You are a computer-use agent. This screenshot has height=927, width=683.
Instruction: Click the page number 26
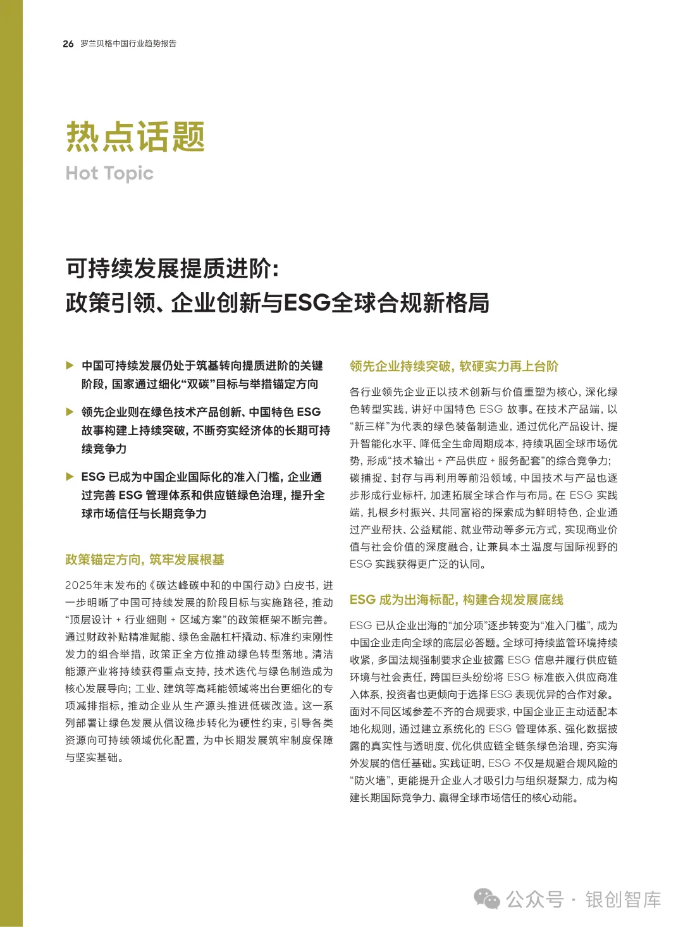[x=68, y=44]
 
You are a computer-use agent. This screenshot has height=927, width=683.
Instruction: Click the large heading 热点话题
[x=135, y=137]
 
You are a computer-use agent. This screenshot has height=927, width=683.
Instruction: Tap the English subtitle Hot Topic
[x=109, y=173]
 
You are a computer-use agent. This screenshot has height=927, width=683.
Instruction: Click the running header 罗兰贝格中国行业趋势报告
[x=128, y=44]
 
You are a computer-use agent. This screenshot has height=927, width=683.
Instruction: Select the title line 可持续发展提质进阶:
[x=172, y=269]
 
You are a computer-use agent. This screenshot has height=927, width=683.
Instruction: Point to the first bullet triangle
[x=70, y=365]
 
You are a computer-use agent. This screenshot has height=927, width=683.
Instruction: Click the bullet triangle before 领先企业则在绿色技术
[x=70, y=412]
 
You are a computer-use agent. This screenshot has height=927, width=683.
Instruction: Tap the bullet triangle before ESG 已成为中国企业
[x=70, y=477]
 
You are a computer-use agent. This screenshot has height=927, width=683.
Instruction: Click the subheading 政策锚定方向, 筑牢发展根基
[x=145, y=560]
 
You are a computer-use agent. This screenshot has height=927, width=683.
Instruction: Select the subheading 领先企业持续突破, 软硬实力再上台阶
[x=454, y=366]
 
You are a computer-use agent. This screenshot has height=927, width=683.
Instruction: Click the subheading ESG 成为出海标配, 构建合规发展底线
[x=456, y=599]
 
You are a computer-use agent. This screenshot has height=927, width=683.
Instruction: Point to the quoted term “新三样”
[x=368, y=427]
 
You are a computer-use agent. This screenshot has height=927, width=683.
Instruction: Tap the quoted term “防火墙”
[x=371, y=781]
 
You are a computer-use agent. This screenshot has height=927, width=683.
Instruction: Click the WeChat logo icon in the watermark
[x=487, y=899]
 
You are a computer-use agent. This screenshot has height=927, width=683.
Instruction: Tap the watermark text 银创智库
[x=623, y=899]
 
